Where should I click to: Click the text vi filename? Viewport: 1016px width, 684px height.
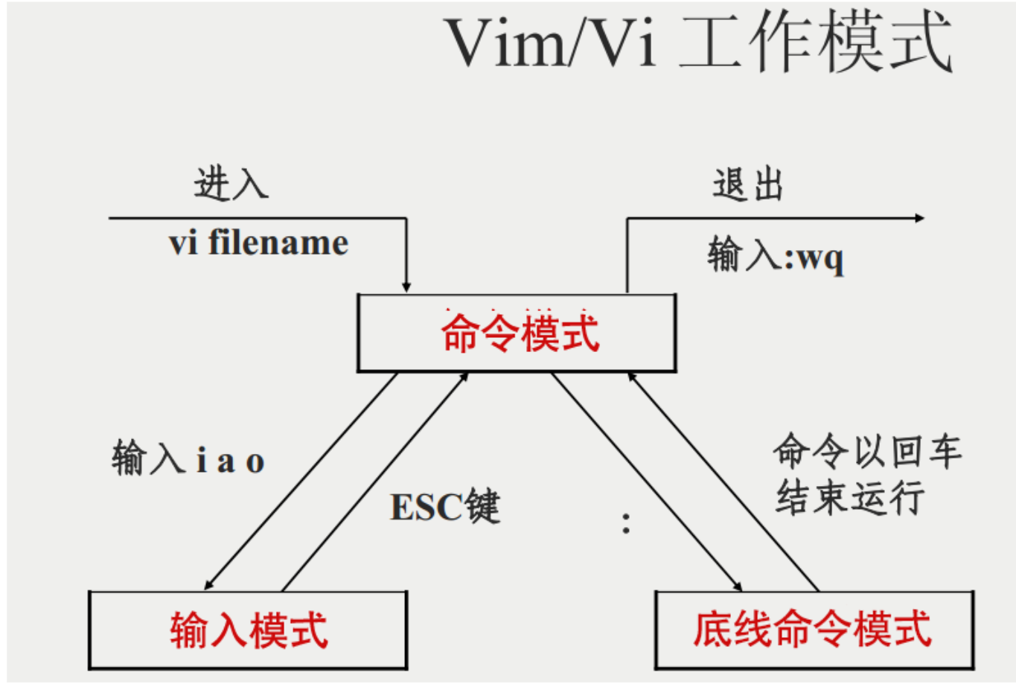(x=258, y=243)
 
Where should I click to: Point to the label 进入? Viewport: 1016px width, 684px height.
(x=231, y=184)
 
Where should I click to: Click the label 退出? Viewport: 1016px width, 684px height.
(x=748, y=184)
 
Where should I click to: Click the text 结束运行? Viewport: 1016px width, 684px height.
(x=850, y=497)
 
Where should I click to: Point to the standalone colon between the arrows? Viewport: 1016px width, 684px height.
(x=626, y=522)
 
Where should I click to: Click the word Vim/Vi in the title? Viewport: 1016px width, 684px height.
(x=551, y=43)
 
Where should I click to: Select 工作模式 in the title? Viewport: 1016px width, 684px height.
(x=815, y=43)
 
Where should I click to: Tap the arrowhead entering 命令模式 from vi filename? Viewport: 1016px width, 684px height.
(x=406, y=287)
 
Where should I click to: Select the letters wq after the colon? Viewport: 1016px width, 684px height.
(x=821, y=258)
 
